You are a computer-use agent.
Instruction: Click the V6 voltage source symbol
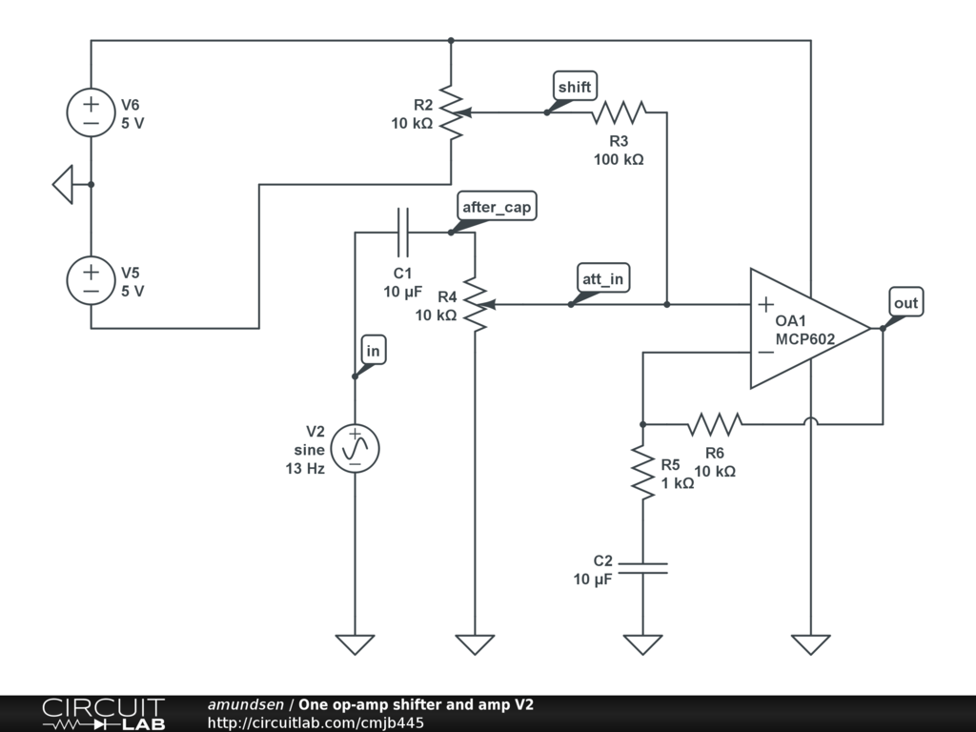click(x=91, y=112)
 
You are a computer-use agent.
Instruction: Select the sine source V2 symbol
click(x=355, y=447)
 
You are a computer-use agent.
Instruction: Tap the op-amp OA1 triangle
click(x=805, y=329)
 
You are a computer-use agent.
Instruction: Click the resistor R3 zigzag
click(x=618, y=112)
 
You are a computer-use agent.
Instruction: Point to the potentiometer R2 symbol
click(x=452, y=112)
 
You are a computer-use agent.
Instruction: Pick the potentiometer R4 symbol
click(x=475, y=305)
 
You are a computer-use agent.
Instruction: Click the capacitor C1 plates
click(x=402, y=232)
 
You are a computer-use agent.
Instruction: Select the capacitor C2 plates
click(x=642, y=568)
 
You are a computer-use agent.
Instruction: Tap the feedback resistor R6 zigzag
click(x=714, y=424)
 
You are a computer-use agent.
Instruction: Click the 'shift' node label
click(x=574, y=87)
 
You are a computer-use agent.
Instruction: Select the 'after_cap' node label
click(x=496, y=208)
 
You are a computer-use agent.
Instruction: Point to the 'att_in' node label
click(x=602, y=279)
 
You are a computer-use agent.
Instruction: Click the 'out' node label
click(x=905, y=303)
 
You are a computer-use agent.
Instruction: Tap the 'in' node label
click(x=373, y=351)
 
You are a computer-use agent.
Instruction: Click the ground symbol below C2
click(x=642, y=644)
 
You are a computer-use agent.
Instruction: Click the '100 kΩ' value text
click(x=618, y=159)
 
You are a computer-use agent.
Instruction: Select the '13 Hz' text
click(x=305, y=468)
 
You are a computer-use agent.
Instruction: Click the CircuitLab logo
click(x=101, y=714)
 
